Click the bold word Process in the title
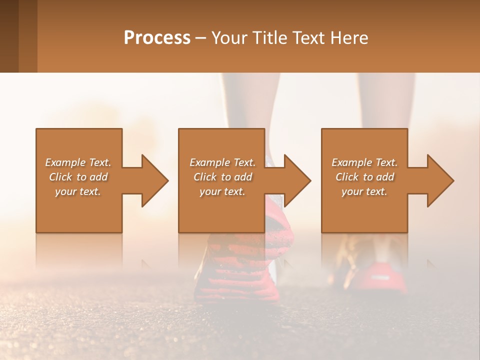coord(157,38)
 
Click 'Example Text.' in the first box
coord(78,162)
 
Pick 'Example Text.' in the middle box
coord(222,162)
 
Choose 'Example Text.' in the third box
coord(364,162)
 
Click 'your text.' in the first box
coord(78,191)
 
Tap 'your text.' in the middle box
coord(222,191)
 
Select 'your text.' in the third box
coord(364,191)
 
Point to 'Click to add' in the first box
coord(78,177)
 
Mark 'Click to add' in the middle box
coord(222,177)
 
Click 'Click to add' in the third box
coord(364,177)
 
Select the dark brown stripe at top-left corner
coord(9,36)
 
